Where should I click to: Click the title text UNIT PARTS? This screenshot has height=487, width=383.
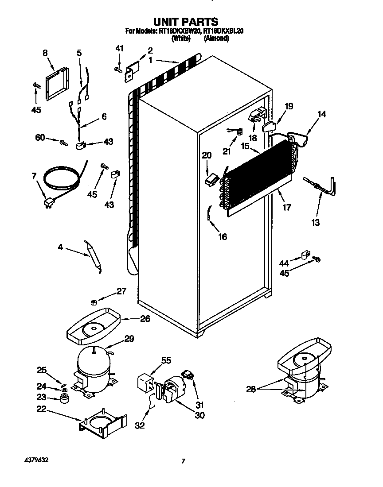185,21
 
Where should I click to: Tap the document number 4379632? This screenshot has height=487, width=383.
34,460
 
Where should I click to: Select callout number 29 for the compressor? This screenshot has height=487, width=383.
129,339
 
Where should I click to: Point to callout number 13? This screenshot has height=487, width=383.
316,223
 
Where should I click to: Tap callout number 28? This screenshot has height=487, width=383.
251,389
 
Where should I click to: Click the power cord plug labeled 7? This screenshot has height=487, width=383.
48,203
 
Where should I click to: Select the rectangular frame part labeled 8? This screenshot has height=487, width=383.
57,83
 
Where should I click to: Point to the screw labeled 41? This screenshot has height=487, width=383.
118,69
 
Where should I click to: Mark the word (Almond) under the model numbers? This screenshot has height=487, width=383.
216,39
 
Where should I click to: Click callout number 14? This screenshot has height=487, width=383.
322,115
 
